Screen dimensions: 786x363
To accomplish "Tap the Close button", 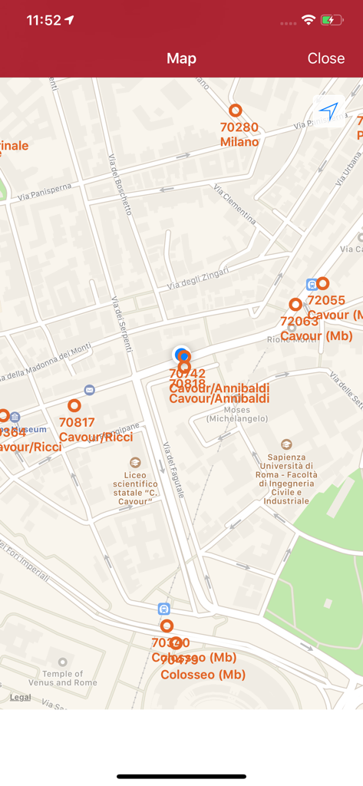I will [325, 58].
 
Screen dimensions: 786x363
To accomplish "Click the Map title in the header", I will [182, 58].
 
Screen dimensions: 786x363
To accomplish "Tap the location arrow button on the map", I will [328, 111].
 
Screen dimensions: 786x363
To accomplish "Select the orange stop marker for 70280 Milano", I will [236, 111].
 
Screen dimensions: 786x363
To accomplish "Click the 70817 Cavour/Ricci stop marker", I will [74, 405].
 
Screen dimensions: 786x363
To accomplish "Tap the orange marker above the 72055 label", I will [323, 284].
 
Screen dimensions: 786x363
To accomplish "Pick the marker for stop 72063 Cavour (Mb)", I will [295, 305].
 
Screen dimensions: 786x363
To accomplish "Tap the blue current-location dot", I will [182, 355].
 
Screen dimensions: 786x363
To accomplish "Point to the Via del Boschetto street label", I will [120, 183].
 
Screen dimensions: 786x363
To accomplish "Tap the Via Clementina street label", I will [235, 204].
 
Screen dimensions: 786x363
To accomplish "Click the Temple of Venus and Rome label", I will [63, 678].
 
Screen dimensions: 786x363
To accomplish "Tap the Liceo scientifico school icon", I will [135, 463].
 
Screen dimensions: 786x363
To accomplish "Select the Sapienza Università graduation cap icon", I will [286, 444].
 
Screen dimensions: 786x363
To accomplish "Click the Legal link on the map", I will [21, 697].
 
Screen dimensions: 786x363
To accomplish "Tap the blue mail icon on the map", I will [90, 391].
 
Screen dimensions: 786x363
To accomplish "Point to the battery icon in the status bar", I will [332, 20].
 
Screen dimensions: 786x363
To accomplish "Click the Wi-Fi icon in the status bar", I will [309, 20].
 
